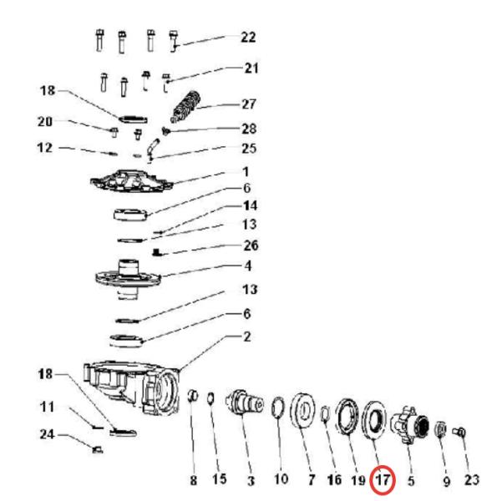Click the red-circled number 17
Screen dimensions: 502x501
pyautogui.click(x=383, y=480)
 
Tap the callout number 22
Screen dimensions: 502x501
pyautogui.click(x=248, y=38)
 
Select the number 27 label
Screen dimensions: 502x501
pyautogui.click(x=249, y=104)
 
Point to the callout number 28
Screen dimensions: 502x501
pyautogui.click(x=249, y=129)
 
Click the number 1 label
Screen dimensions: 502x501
pyautogui.click(x=246, y=172)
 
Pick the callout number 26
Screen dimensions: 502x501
pyautogui.click(x=251, y=245)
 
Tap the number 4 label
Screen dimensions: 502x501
pyautogui.click(x=248, y=266)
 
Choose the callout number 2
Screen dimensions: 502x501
pyautogui.click(x=247, y=337)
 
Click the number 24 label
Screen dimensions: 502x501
pyautogui.click(x=47, y=434)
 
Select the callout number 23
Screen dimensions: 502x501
pyautogui.click(x=472, y=480)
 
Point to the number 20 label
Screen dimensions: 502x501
pyautogui.click(x=45, y=122)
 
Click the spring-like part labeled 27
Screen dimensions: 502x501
pyautogui.click(x=185, y=107)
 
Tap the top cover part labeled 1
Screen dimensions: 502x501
pyautogui.click(x=131, y=181)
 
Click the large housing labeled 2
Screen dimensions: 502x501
pyautogui.click(x=132, y=387)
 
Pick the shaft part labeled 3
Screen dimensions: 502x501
pyautogui.click(x=245, y=402)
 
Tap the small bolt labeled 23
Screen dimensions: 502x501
pyautogui.click(x=459, y=433)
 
